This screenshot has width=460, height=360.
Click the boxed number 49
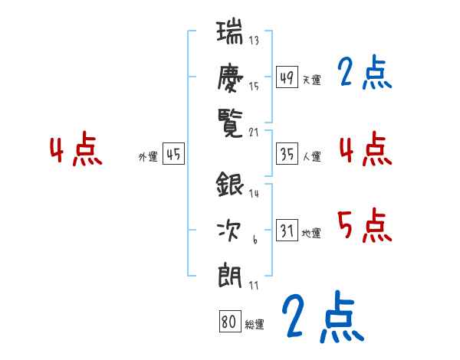287,77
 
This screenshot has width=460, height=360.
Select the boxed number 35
287,154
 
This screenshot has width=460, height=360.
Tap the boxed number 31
287,231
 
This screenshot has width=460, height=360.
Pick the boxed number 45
173,154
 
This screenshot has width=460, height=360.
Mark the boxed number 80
228,322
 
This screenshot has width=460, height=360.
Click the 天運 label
311,80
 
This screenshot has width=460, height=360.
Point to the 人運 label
311,156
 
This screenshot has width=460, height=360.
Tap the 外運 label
148,156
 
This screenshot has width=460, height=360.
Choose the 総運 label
254,324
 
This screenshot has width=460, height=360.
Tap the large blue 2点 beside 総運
320,316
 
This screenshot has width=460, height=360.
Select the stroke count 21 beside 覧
255,132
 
